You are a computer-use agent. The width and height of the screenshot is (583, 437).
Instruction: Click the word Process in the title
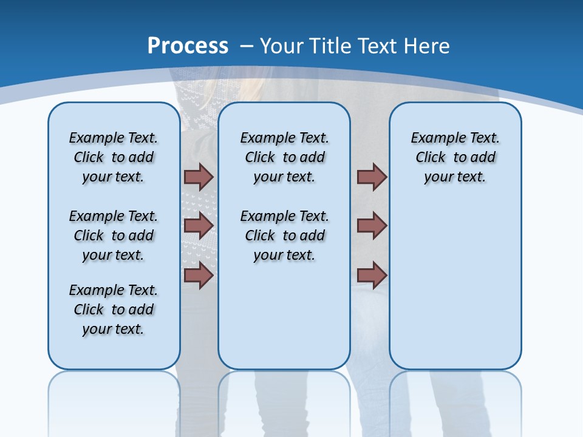tap(188, 46)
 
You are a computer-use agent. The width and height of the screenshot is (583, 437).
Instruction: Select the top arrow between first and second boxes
tap(198, 177)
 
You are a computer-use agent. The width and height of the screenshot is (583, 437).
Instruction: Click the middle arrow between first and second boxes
tap(198, 226)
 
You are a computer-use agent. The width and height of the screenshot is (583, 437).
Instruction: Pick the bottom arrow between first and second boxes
tap(198, 275)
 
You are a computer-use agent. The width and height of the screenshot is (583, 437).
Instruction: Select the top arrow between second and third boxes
tap(372, 177)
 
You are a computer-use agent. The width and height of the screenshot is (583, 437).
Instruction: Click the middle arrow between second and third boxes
tap(372, 226)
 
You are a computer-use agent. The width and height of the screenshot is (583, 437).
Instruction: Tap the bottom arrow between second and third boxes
tap(372, 275)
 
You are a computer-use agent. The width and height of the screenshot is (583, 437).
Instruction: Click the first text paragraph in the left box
tap(114, 157)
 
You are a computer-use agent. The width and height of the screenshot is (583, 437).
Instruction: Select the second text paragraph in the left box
tap(114, 235)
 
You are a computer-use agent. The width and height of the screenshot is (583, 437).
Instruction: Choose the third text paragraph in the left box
tap(114, 310)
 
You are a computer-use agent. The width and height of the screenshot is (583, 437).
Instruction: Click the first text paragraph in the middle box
tap(284, 157)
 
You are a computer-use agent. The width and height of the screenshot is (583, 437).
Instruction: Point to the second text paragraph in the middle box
tap(284, 235)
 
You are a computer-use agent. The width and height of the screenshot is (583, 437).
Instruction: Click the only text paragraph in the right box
tap(455, 157)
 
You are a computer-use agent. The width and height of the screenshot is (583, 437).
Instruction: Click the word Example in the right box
tap(433, 138)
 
